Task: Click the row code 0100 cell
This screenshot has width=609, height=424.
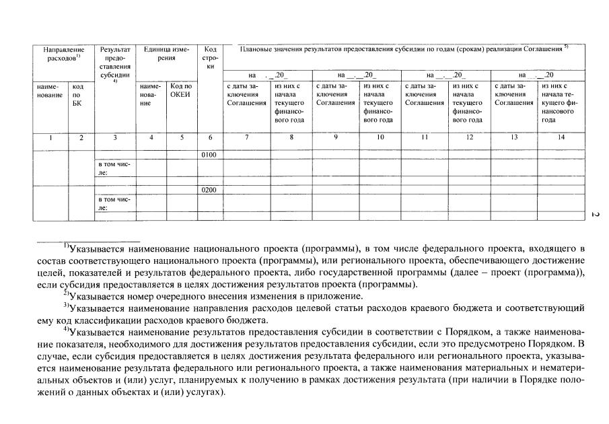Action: (x=209, y=155)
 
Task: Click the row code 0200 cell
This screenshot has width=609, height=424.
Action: (x=209, y=190)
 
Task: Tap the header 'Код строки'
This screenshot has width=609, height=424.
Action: (x=210, y=58)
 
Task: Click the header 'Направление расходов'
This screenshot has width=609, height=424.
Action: (x=64, y=54)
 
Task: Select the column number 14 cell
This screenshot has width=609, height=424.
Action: (x=561, y=137)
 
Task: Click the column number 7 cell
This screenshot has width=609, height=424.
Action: (x=246, y=137)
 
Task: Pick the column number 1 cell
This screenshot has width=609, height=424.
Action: (x=50, y=137)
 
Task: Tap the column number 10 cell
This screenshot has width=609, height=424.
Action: (x=380, y=137)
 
